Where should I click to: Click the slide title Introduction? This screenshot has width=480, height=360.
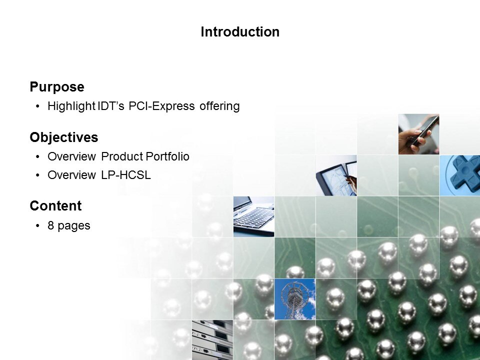[x=240, y=32]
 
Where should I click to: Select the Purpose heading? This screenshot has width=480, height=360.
[x=57, y=87]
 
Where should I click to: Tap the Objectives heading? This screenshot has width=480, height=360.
[x=64, y=137]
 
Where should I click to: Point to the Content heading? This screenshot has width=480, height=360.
[x=55, y=206]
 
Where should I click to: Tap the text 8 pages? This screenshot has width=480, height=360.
[x=69, y=225]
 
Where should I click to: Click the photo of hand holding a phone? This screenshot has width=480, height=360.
[x=418, y=134]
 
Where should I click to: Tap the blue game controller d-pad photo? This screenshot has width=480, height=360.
[x=459, y=175]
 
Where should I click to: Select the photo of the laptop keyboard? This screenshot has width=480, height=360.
[x=253, y=216]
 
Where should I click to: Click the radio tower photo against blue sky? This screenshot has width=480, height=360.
[x=295, y=298]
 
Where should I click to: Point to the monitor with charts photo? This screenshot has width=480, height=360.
[x=336, y=175]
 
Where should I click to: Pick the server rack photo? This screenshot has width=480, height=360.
[x=212, y=340]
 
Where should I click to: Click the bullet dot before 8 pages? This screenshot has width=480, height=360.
[x=38, y=226]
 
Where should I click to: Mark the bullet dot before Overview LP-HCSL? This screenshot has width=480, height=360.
[x=38, y=175]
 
